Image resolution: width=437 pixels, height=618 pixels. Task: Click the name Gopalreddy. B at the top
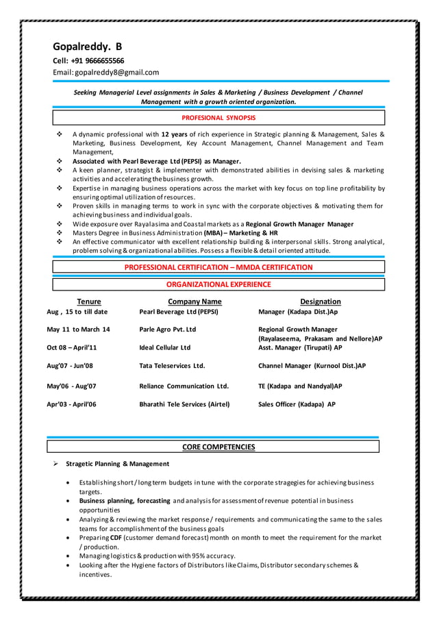88,47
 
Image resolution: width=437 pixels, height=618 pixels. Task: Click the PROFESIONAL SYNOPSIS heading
218,118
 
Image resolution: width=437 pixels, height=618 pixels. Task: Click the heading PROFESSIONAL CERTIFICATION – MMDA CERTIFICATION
218,267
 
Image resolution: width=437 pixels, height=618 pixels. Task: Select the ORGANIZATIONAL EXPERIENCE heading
218,284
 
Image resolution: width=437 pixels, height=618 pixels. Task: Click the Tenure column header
88,301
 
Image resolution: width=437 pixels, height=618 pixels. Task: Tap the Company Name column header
195,301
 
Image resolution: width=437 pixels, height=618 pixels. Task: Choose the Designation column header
320,301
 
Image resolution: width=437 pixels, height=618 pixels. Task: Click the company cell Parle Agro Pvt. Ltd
168,330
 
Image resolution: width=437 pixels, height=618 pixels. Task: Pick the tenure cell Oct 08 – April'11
72,347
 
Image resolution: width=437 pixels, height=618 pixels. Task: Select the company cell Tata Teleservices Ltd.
172,366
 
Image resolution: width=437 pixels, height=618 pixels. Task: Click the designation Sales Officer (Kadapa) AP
297,404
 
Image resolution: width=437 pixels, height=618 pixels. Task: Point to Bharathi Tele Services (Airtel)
184,404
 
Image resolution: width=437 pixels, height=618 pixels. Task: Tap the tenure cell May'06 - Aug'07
71,386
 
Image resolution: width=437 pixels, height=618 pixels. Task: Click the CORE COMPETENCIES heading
218,447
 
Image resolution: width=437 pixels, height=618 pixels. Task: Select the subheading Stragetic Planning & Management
117,464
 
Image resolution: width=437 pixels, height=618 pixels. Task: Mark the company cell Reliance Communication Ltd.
184,386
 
